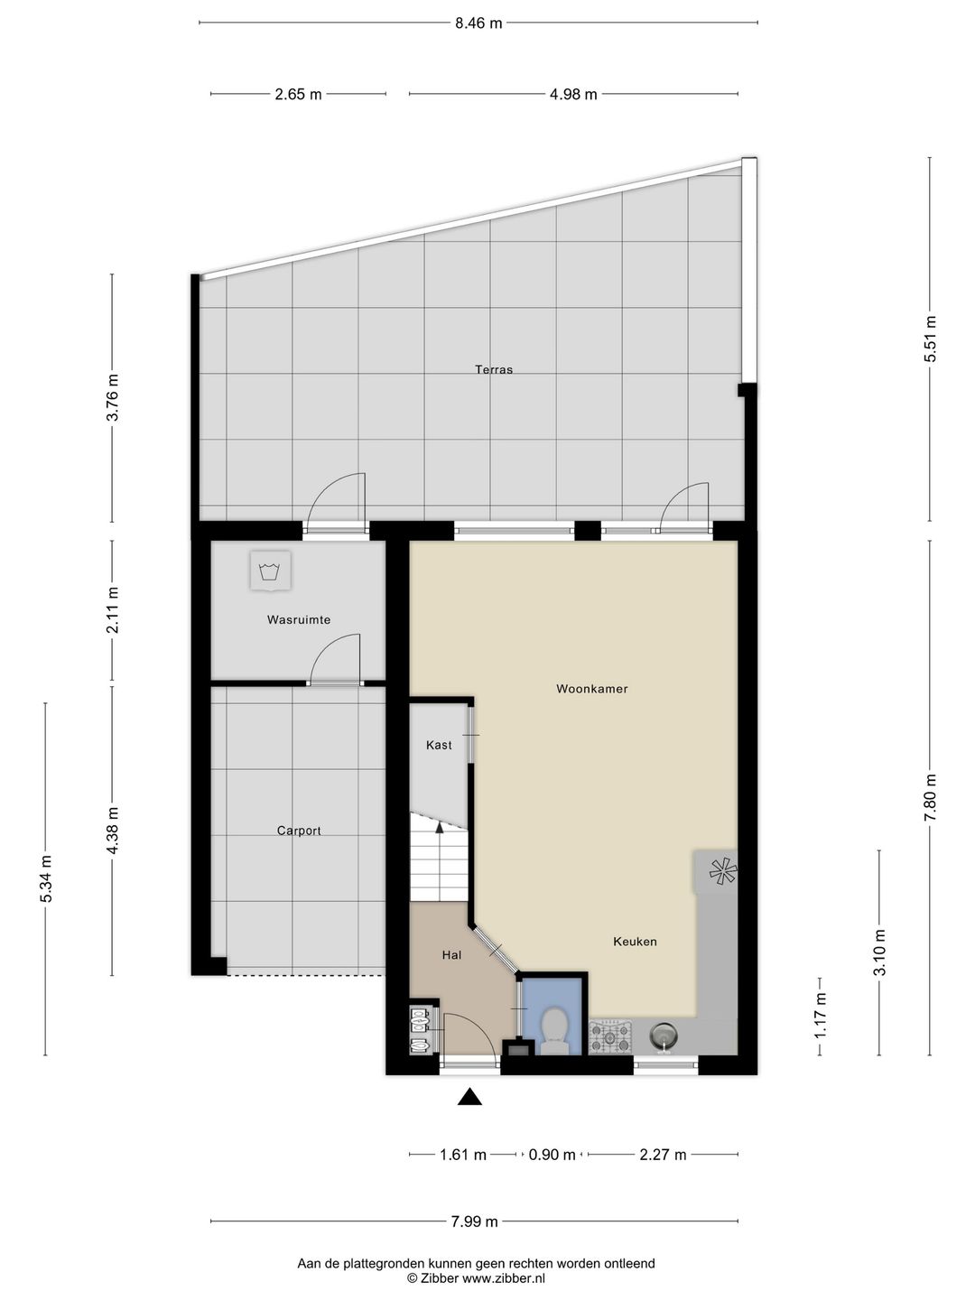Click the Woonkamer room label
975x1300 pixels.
[591, 689]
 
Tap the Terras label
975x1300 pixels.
[494, 369]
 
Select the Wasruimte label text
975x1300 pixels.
[298, 620]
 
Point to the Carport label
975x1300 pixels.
[299, 831]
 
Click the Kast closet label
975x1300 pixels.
[439, 745]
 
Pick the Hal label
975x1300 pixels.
[451, 955]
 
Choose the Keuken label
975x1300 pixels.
[635, 942]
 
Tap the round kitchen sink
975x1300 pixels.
[664, 1036]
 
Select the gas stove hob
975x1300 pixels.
[611, 1036]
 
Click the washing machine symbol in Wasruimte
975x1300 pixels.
[271, 571]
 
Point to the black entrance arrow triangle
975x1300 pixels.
[469, 1097]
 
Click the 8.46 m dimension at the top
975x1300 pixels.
[478, 23]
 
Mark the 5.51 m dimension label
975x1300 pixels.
[931, 339]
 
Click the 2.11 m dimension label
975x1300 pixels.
[113, 609]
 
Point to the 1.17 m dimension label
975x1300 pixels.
[820, 1015]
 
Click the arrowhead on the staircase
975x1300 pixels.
[440, 828]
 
